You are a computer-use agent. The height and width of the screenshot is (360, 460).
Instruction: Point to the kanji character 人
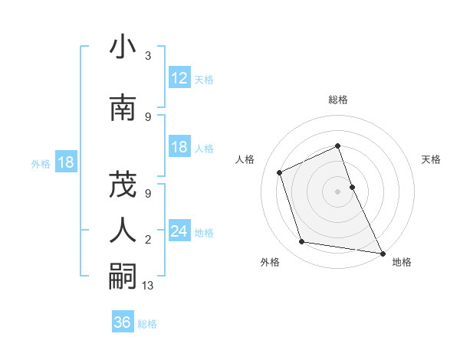click(123, 231)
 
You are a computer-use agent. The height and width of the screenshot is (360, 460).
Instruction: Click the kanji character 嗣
click(123, 277)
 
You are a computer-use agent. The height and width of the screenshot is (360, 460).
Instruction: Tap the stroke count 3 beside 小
click(148, 56)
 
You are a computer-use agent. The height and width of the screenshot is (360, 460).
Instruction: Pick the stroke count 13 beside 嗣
click(149, 286)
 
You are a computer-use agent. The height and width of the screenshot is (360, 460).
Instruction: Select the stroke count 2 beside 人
click(148, 240)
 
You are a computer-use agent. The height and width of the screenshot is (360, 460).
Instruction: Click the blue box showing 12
click(179, 78)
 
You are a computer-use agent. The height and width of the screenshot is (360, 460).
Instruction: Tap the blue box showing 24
click(179, 231)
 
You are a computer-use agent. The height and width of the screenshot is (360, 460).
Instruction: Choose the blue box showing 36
click(123, 322)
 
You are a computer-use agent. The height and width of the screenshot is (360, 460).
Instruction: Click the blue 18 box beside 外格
click(65, 162)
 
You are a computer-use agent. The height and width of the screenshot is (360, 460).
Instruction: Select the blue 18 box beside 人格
click(179, 147)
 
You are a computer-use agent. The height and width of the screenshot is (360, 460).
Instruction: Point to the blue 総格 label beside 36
click(147, 324)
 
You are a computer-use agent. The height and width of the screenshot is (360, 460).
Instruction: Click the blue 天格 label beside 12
click(204, 79)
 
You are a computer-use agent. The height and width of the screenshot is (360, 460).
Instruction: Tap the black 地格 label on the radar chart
click(402, 262)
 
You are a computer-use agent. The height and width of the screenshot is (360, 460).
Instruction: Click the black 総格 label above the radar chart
click(338, 100)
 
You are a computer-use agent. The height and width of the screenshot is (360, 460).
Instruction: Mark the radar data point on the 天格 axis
click(353, 186)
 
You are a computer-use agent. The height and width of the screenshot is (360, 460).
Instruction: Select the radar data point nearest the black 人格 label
click(280, 172)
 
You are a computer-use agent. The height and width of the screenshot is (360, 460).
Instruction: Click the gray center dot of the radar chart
click(338, 191)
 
